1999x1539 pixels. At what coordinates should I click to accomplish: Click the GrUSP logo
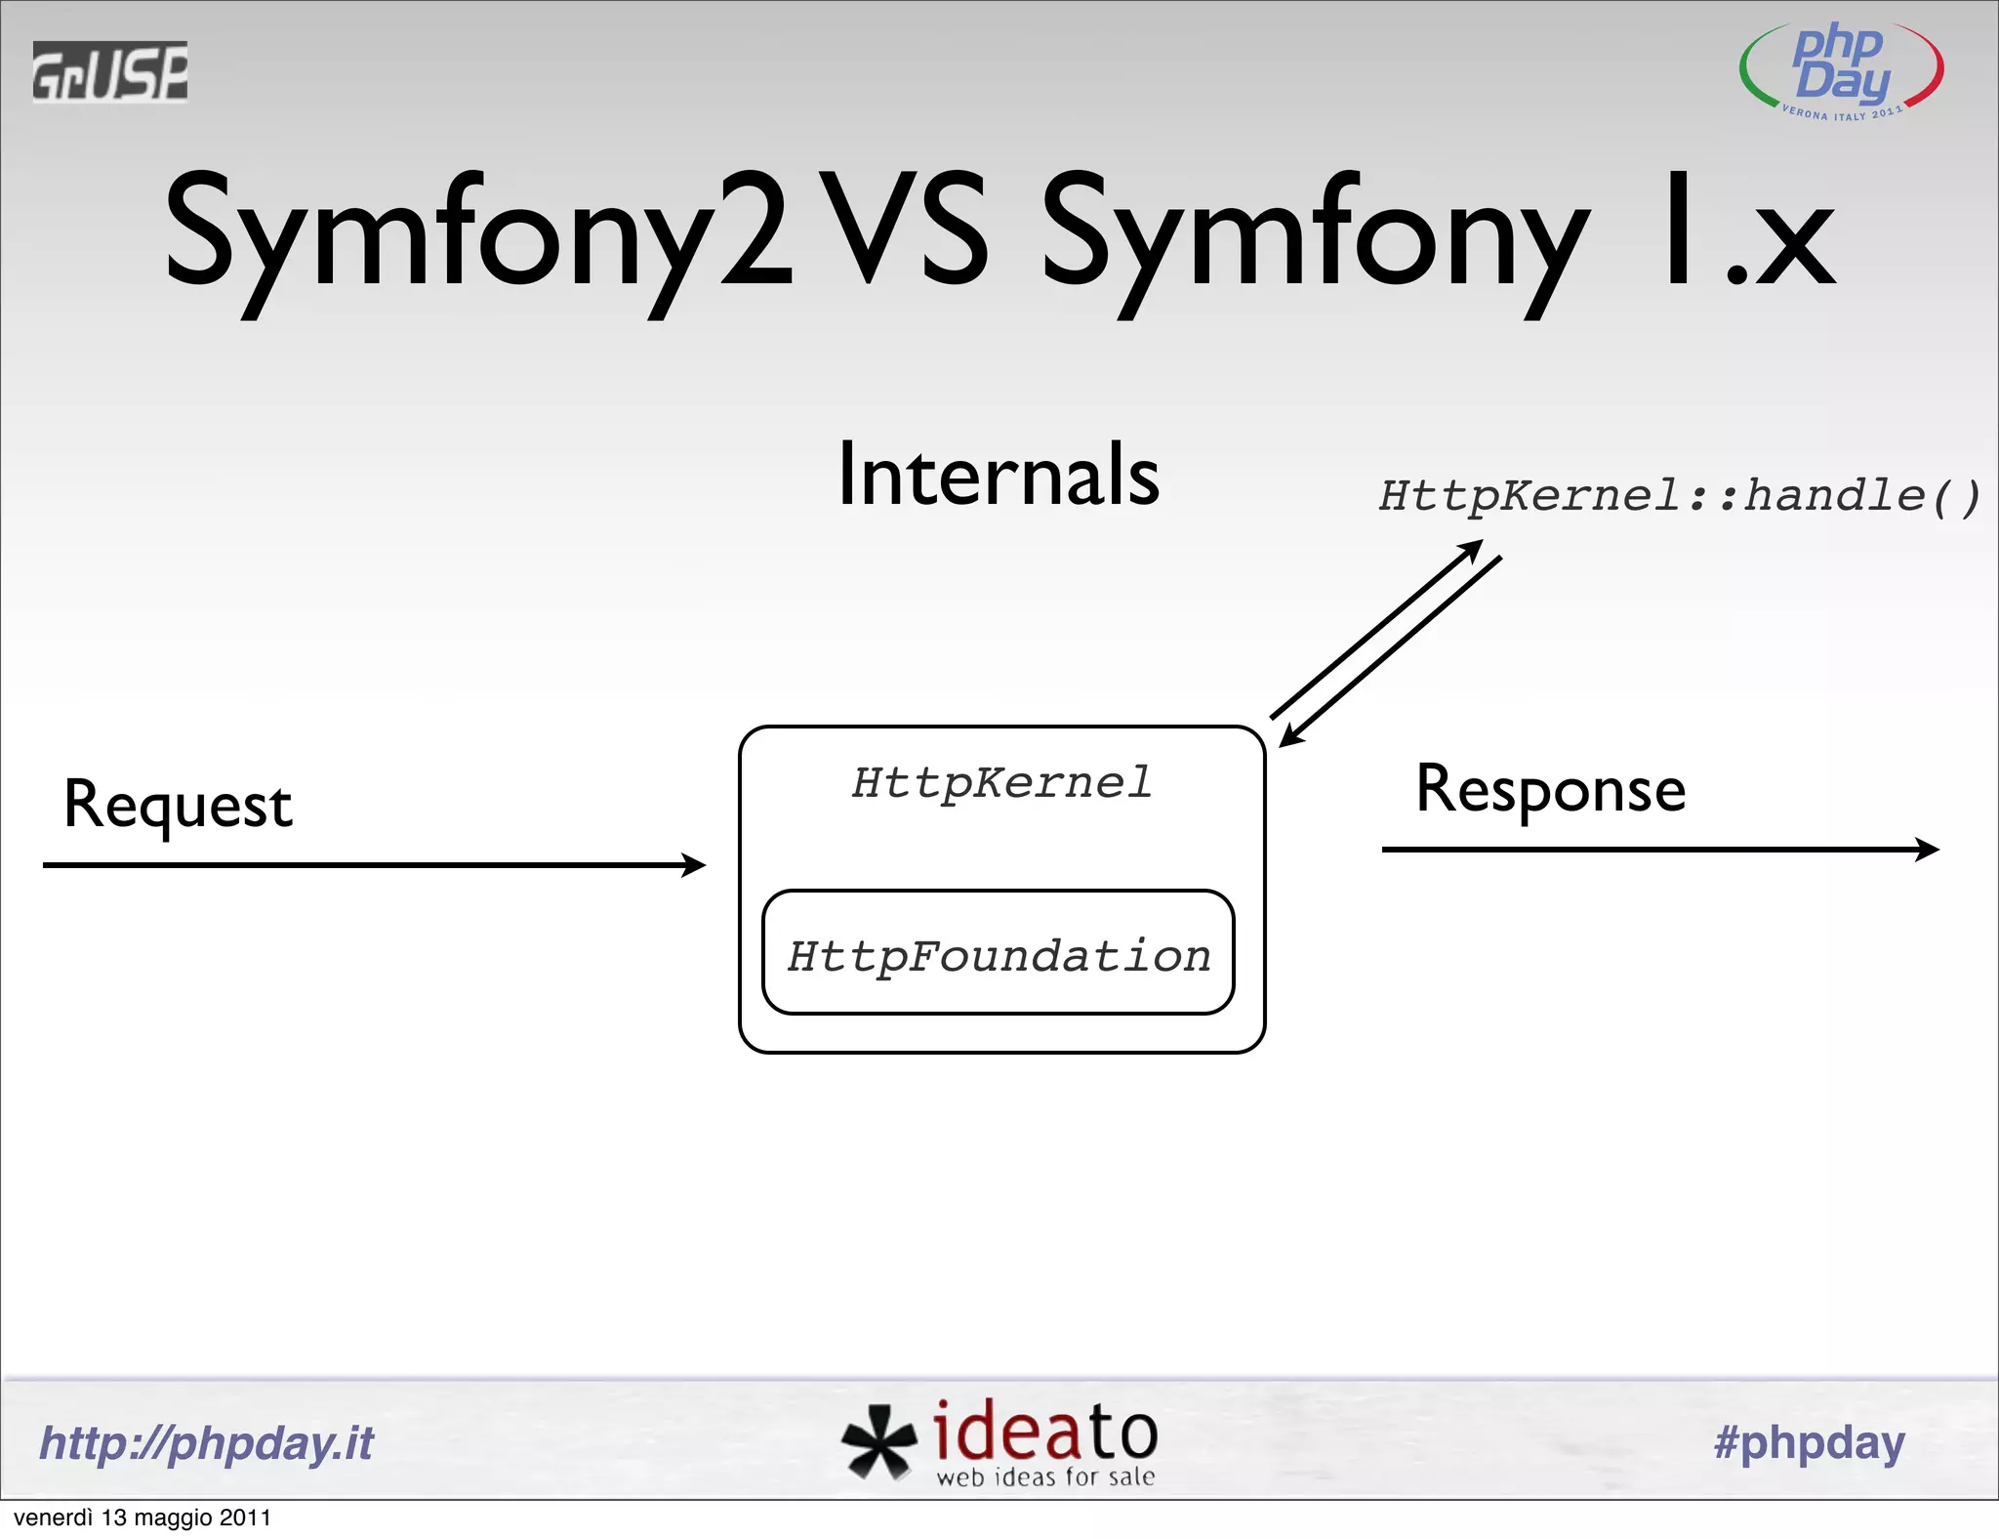coord(109,71)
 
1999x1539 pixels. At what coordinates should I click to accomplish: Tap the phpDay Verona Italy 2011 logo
coord(1841,70)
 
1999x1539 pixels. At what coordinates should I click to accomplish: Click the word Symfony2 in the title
coord(478,234)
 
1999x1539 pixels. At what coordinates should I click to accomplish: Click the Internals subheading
coord(999,475)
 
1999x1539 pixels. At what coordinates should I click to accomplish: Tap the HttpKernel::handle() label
coord(1679,496)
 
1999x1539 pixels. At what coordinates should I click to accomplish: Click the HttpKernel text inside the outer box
coord(1001,783)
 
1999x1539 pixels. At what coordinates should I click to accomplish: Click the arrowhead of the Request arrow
coord(695,864)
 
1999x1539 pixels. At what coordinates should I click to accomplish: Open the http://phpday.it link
coord(206,1443)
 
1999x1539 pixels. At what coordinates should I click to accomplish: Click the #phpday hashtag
coord(1809,1442)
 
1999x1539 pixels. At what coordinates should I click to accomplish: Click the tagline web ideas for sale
coord(1045,1477)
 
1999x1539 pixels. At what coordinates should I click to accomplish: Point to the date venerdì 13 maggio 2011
coord(143,1518)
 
